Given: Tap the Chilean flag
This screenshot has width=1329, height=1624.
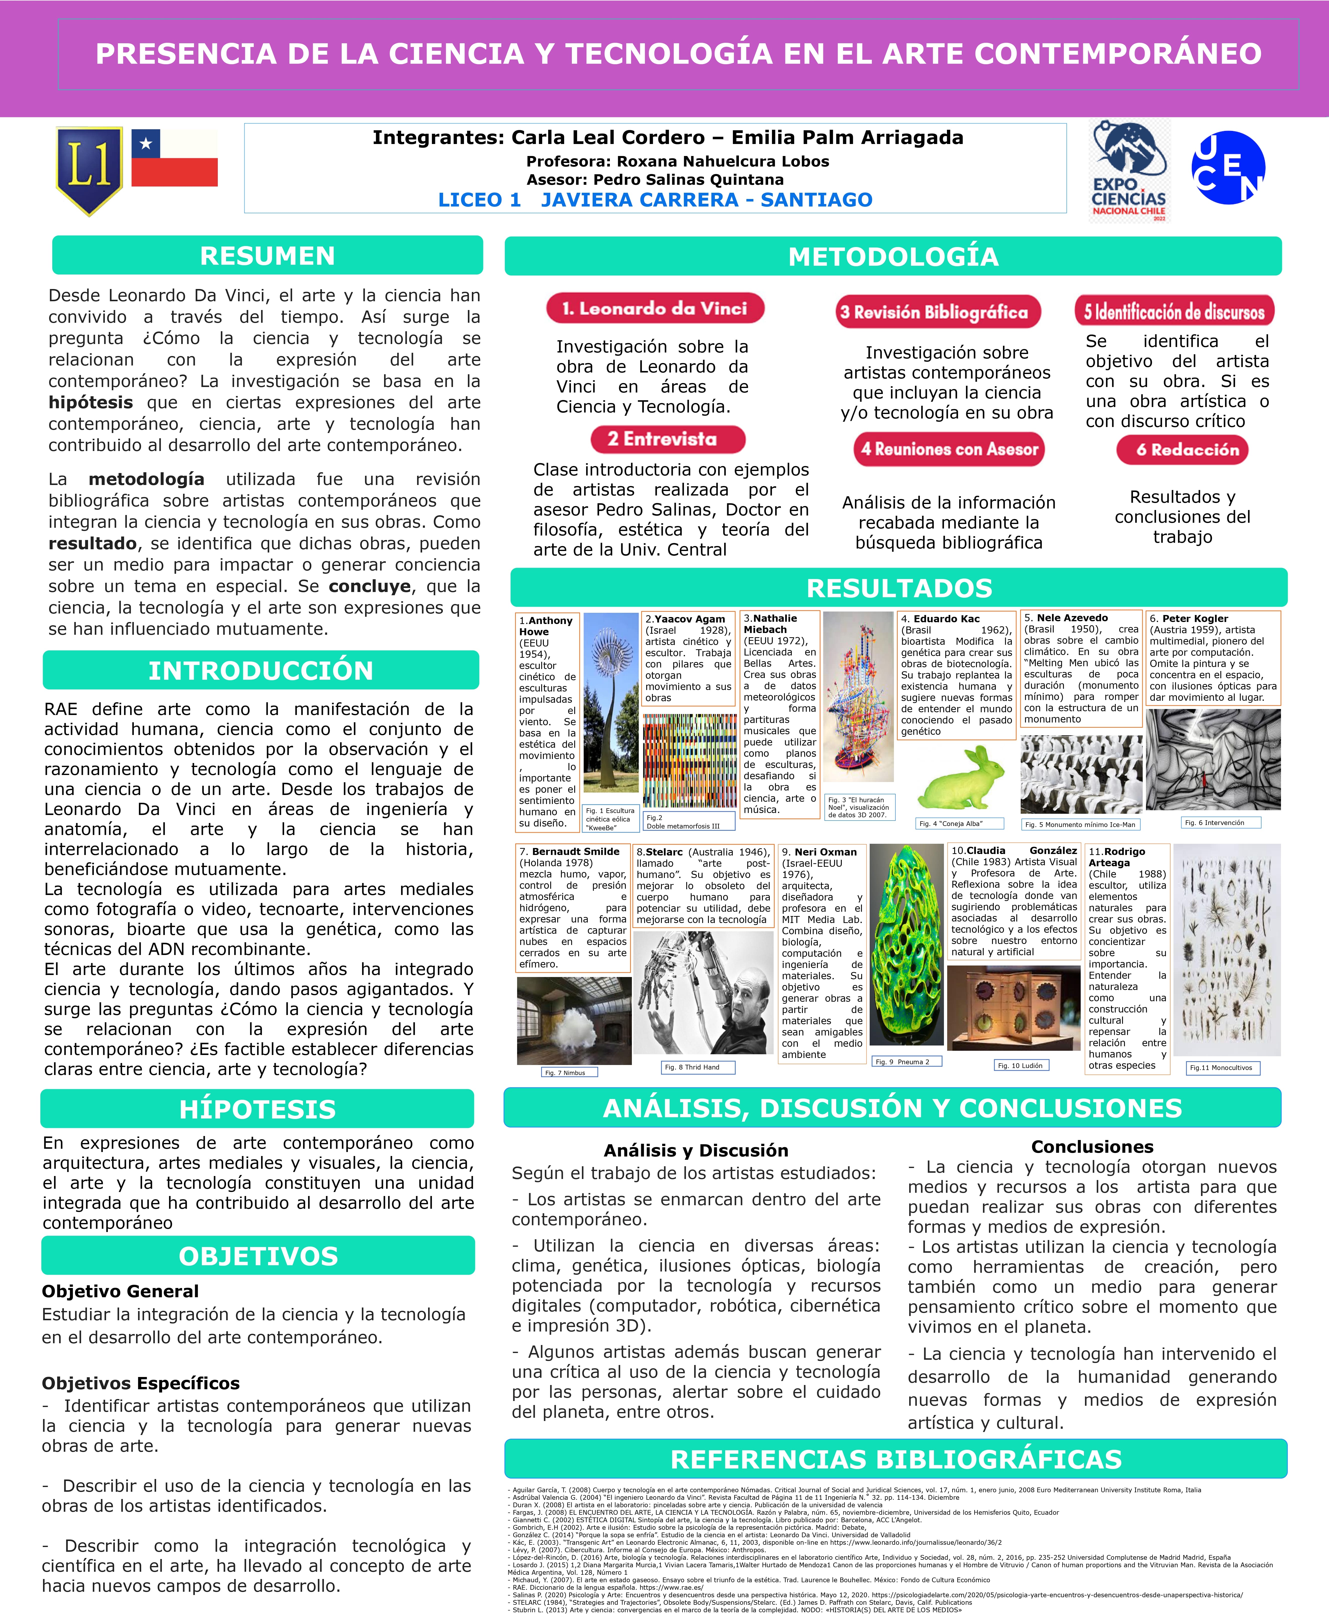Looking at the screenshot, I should pyautogui.click(x=175, y=158).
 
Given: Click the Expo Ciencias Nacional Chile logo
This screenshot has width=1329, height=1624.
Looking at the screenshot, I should pyautogui.click(x=1129, y=171).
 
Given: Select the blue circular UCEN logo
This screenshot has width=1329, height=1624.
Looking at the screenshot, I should pyautogui.click(x=1228, y=167).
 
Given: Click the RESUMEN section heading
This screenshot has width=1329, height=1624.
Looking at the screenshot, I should pyautogui.click(x=267, y=255).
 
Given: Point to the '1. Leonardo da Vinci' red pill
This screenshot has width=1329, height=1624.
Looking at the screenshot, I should pyautogui.click(x=655, y=308).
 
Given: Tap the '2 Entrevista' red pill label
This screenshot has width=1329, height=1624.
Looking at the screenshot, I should pyautogui.click(x=668, y=439).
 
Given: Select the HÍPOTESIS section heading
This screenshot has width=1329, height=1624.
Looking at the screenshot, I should pyautogui.click(x=257, y=1109).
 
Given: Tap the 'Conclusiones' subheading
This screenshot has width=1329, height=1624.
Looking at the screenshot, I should pyautogui.click(x=1092, y=1146).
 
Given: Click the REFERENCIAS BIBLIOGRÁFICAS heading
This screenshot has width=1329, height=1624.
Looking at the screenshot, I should pyautogui.click(x=896, y=1459).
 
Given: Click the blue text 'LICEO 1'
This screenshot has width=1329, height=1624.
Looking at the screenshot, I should pyautogui.click(x=479, y=200).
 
